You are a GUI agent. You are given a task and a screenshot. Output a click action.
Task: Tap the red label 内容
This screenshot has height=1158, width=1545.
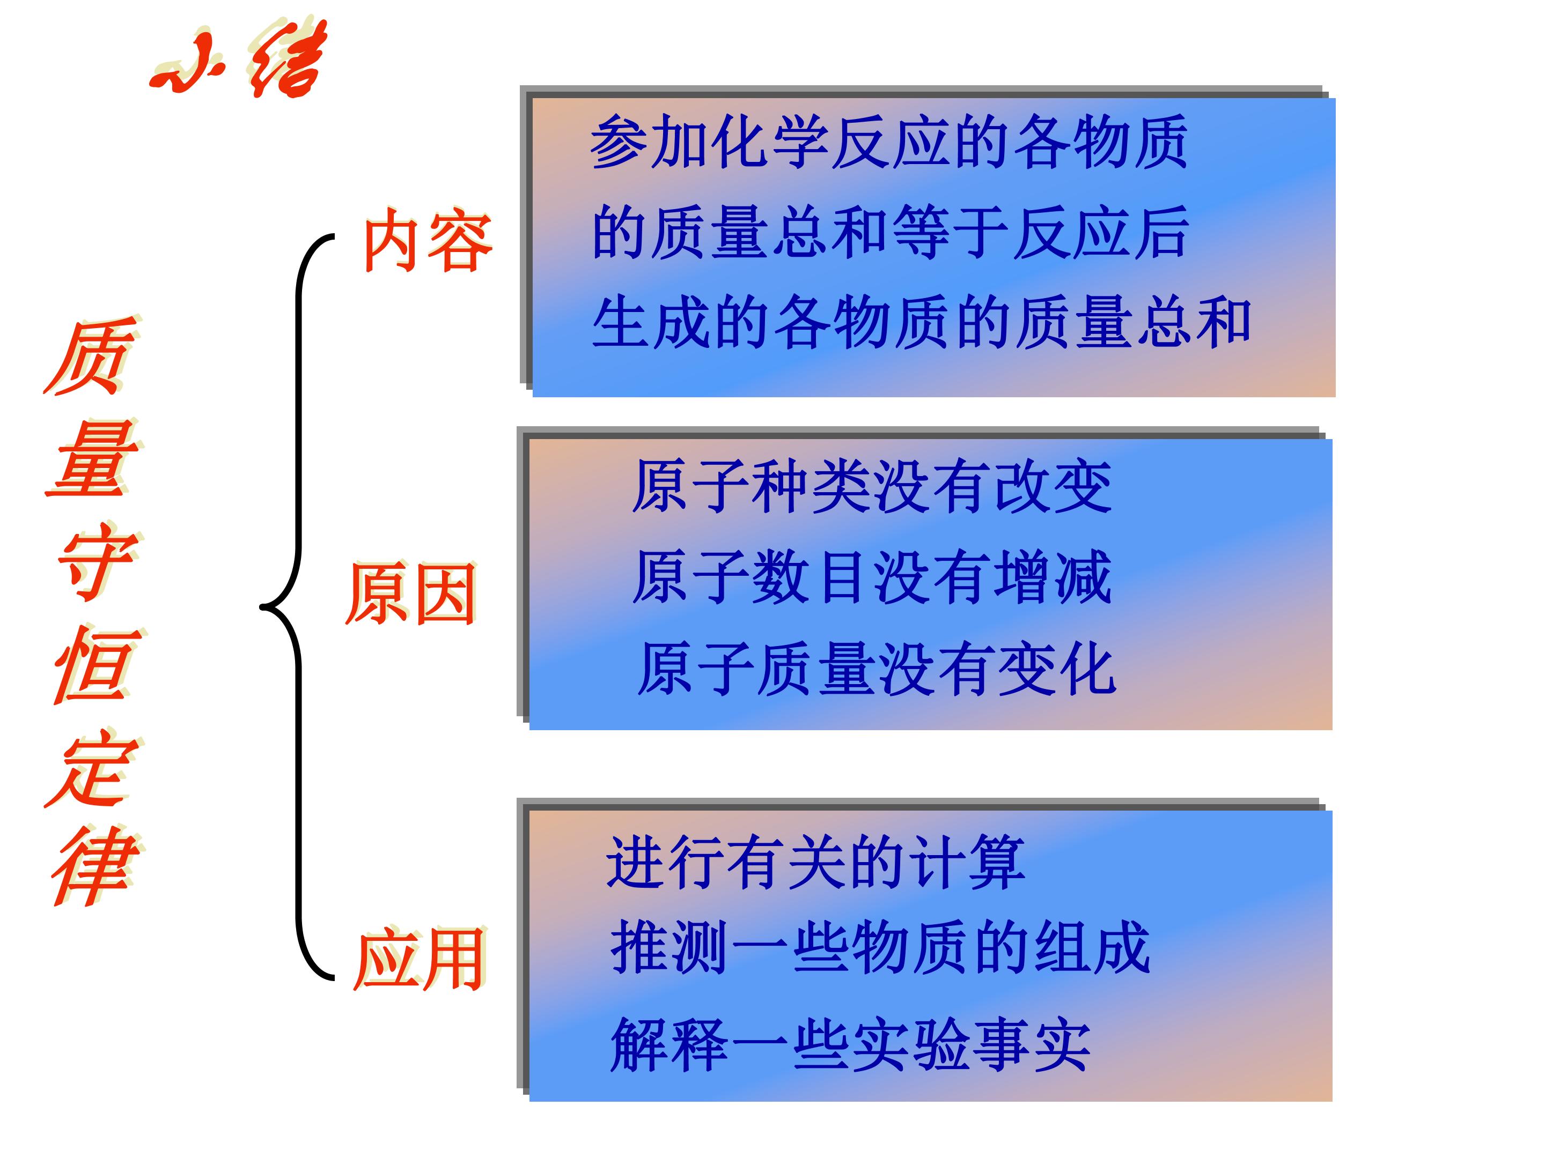428,240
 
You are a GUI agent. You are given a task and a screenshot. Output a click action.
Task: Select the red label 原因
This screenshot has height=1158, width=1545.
411,594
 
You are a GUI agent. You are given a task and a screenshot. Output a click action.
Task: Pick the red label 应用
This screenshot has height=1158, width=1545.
420,959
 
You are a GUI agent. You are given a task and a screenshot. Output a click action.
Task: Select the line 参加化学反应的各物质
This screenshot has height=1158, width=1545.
888,143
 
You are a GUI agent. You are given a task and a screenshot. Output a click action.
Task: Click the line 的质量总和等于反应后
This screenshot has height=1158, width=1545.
890,233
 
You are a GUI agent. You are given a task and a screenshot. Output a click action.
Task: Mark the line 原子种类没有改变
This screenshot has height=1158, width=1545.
872,486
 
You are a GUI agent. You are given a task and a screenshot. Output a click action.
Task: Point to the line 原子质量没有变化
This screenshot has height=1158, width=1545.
877,669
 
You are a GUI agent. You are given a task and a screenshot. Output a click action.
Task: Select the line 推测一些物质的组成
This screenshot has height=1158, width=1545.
880,947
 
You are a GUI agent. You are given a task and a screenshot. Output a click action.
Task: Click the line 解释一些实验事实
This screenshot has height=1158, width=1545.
850,1045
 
